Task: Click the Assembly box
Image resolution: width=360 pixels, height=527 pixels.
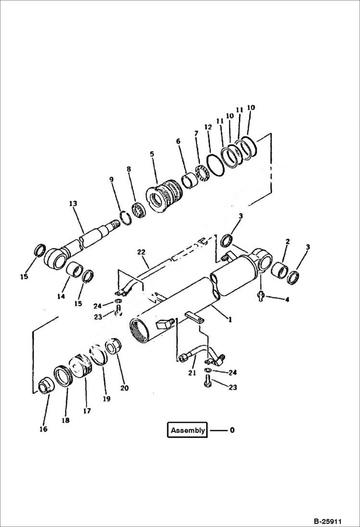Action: tap(187, 430)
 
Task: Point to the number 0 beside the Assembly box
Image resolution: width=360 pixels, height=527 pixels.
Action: tap(232, 430)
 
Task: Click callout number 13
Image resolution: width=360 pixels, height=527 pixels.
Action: tap(73, 204)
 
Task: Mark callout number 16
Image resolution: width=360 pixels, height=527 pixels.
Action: tap(43, 429)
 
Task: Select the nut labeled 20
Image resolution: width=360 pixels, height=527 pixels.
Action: tap(113, 347)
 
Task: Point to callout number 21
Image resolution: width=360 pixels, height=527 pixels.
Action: tap(191, 373)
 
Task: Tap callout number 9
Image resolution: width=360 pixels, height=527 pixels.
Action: tap(112, 179)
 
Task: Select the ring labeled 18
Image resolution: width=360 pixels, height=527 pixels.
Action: tap(63, 376)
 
